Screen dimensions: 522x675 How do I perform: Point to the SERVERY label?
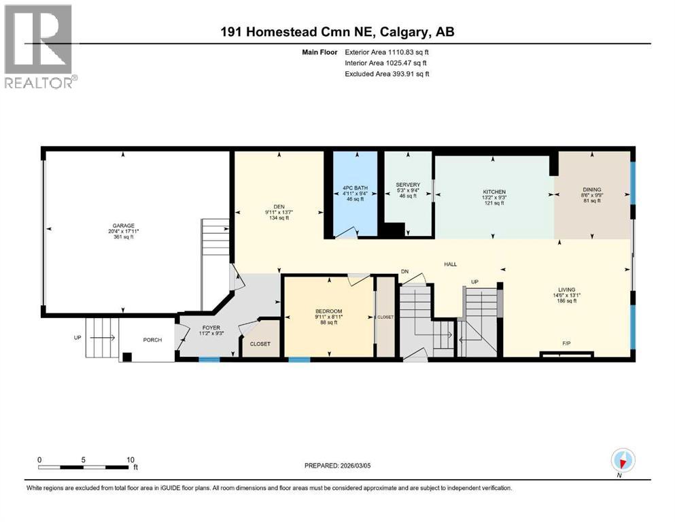(408, 185)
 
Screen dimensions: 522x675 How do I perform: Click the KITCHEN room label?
(494, 192)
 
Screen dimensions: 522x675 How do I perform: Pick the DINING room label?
(591, 190)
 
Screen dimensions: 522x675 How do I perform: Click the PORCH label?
(152, 340)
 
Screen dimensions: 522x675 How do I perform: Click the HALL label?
(450, 264)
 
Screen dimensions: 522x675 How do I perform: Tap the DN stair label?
(404, 271)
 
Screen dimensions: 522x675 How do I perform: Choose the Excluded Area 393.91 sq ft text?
(387, 73)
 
